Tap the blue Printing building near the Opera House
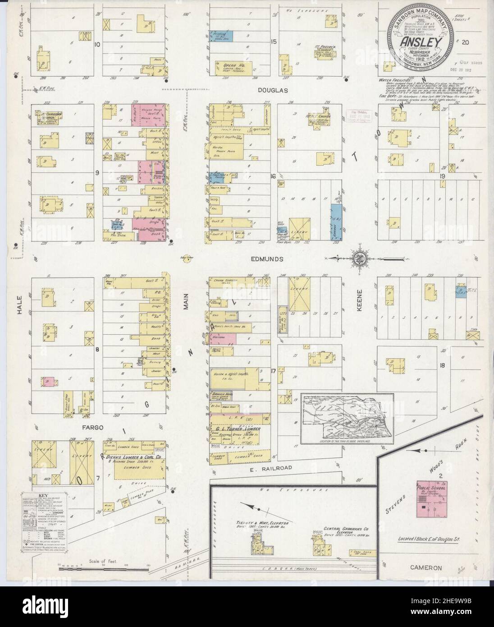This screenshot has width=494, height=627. tap(224, 35)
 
